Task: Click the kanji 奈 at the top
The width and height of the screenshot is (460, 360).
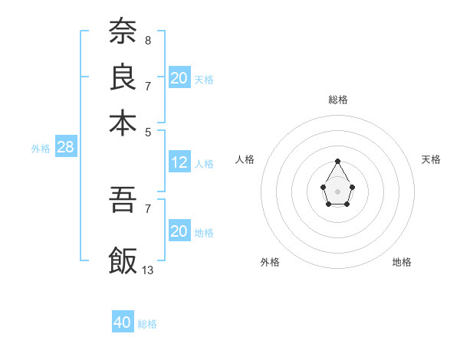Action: tap(123, 31)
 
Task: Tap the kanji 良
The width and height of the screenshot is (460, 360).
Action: tap(123, 77)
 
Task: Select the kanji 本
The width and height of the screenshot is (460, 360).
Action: tap(123, 123)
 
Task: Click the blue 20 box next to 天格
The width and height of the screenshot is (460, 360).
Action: tap(179, 77)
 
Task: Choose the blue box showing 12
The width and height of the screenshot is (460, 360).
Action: tap(179, 162)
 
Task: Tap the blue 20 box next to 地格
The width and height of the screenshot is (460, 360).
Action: tap(179, 231)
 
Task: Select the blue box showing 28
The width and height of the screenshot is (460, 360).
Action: tap(65, 148)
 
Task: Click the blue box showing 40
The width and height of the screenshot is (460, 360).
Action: tap(123, 322)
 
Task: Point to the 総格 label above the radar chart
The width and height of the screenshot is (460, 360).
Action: tap(338, 100)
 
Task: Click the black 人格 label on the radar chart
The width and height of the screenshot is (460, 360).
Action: tap(245, 159)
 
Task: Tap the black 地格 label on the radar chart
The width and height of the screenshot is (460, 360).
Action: tap(402, 262)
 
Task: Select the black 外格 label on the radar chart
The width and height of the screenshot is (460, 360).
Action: tap(270, 262)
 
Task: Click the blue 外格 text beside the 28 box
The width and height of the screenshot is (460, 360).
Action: tap(41, 149)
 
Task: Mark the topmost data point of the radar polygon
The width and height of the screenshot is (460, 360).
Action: tap(337, 161)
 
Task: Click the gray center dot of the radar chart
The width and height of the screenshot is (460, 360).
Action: tap(337, 191)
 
